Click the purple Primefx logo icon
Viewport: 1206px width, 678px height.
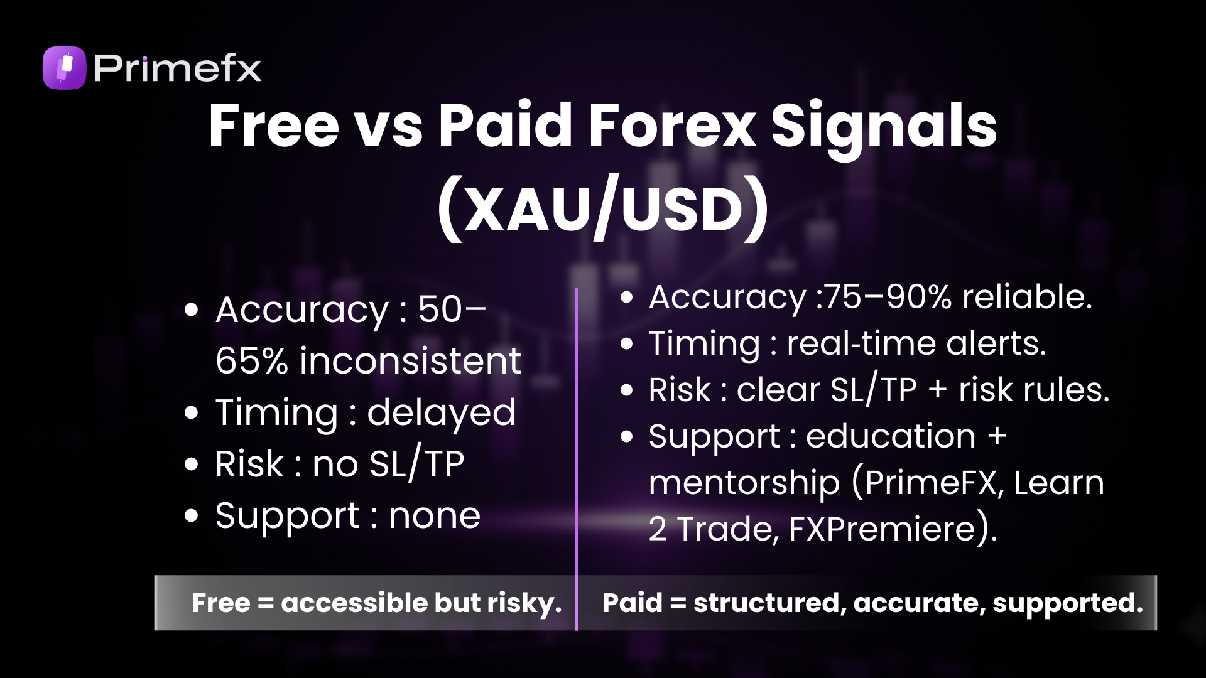(64, 68)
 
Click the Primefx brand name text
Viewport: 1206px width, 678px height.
(177, 68)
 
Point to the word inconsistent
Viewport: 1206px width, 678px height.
(410, 361)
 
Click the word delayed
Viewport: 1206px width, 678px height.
(441, 412)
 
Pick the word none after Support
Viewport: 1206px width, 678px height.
(435, 516)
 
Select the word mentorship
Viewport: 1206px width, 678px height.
(744, 483)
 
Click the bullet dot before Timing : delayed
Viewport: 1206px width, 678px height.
(192, 412)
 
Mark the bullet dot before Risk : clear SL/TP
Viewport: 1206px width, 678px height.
(626, 390)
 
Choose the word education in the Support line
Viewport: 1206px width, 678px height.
(891, 436)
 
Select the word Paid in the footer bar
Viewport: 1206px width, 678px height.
(632, 603)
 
